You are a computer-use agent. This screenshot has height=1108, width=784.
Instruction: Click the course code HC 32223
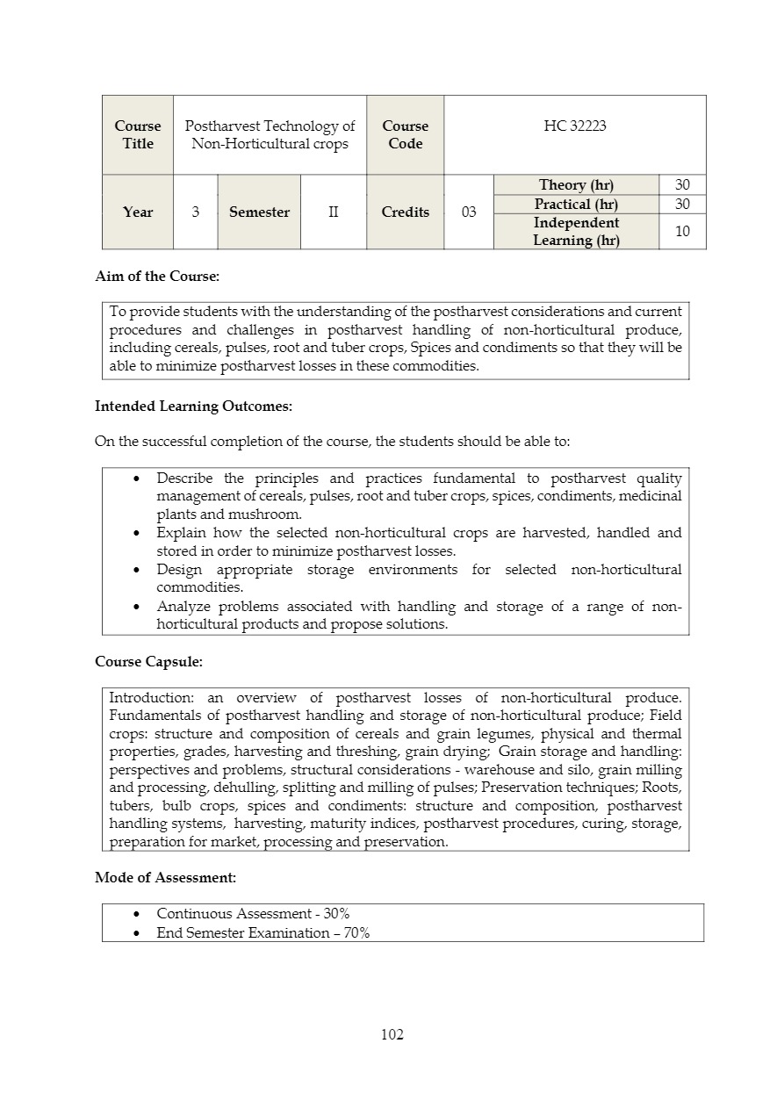point(575,126)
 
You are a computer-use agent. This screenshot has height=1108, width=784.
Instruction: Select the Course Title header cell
point(138,135)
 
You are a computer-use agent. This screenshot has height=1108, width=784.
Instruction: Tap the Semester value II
point(334,212)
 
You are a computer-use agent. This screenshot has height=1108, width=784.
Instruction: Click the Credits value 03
point(469,212)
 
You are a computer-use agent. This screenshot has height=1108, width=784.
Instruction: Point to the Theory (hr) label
point(576,185)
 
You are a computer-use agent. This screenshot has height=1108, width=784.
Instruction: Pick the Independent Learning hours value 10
point(682,232)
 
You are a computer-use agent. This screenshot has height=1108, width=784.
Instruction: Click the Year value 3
point(195,212)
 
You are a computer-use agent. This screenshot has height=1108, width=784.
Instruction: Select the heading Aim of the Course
point(157,277)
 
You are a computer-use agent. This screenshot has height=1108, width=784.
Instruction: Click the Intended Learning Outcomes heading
point(193,407)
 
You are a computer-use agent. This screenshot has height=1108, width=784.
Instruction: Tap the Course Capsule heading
point(148,661)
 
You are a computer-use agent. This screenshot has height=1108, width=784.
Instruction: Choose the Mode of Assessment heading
point(165,877)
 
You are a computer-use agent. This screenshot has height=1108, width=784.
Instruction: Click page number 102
point(392,1035)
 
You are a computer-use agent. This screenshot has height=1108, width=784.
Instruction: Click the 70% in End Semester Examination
point(356,933)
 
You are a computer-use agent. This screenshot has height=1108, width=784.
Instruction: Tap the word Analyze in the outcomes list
point(183,607)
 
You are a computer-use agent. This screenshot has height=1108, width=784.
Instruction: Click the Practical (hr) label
point(576,205)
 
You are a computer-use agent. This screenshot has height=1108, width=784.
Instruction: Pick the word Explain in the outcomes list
point(180,533)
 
